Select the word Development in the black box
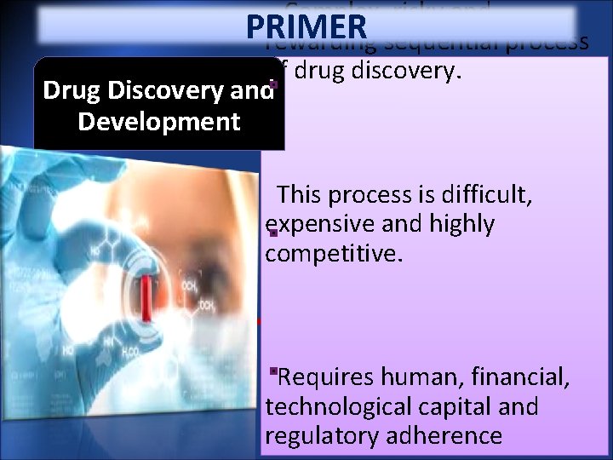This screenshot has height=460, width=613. coord(158,121)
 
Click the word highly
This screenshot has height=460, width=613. coord(462,224)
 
